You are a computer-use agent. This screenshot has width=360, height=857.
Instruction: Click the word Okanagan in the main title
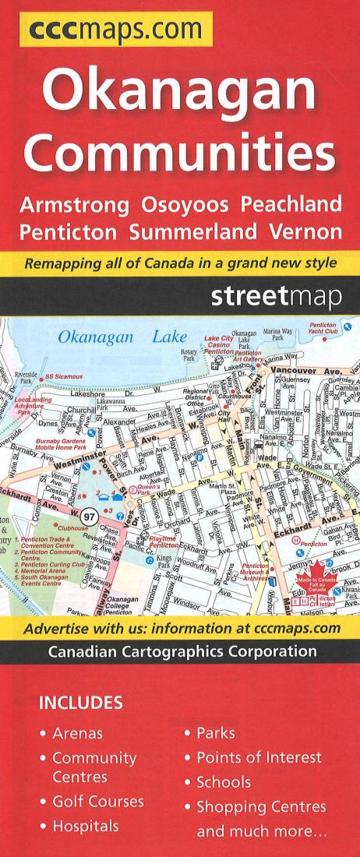pyautogui.click(x=179, y=93)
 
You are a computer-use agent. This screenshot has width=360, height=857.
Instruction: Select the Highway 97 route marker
pyautogui.click(x=91, y=516)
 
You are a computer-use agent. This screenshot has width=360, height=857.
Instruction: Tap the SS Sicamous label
pyautogui.click(x=63, y=377)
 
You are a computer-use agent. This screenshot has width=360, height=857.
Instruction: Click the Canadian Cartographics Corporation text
pyautogui.click(x=182, y=651)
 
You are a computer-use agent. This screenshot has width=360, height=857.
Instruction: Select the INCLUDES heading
pyautogui.click(x=80, y=703)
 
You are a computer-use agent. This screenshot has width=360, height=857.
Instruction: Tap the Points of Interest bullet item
pyautogui.click(x=258, y=757)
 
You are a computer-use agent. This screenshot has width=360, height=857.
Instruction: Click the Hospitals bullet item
pyautogui.click(x=85, y=826)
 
